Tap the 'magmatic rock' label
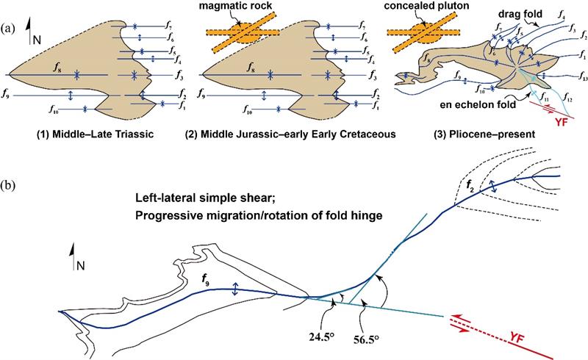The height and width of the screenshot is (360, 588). pos(237,7)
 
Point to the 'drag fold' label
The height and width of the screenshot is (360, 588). pos(520,14)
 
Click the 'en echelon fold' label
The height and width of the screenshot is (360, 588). pos(477,104)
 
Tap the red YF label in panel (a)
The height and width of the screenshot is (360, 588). pos(561,122)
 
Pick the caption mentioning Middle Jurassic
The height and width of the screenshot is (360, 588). pos(291,134)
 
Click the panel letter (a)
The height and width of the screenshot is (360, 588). pos(8,29)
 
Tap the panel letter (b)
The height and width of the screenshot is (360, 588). pos(8,186)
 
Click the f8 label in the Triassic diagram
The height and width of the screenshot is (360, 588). pos(57,68)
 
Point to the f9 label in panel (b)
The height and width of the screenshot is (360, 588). pos(206,278)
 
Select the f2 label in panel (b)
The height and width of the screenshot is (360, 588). pos(470,185)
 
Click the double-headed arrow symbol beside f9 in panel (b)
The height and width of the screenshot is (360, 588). pos(235,289)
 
